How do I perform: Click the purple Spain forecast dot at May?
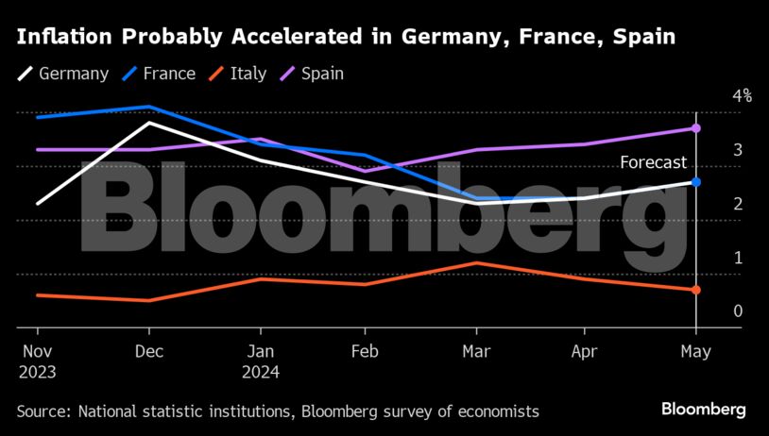[696, 128]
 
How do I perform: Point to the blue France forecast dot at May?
[696, 182]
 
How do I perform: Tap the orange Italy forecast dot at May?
[696, 290]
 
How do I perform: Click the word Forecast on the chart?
[653, 163]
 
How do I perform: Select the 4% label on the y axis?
[742, 96]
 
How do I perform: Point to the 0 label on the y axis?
[738, 311]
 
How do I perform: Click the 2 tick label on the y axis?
[738, 204]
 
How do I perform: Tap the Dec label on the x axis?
[149, 352]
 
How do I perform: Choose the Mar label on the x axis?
[477, 352]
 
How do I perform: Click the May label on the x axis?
[695, 352]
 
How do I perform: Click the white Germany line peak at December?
[148, 123]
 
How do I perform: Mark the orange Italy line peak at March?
[477, 263]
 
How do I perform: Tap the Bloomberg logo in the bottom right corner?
[703, 410]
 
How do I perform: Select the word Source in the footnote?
[43, 411]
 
